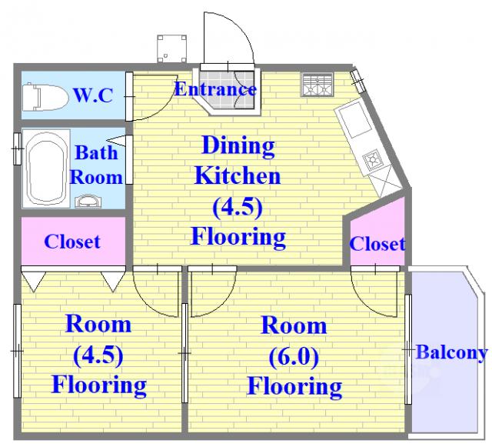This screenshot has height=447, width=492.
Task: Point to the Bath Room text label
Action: [x=96, y=164]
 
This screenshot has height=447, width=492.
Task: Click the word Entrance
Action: [x=215, y=89]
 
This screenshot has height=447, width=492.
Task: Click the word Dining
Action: [x=238, y=145]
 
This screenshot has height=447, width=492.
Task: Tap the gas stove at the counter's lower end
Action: [x=373, y=159]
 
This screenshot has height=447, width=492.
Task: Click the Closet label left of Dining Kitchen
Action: [x=72, y=242]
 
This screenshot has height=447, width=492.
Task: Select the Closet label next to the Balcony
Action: [x=377, y=244]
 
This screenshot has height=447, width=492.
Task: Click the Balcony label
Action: [x=451, y=353]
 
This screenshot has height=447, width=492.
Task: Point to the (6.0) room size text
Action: [x=294, y=356]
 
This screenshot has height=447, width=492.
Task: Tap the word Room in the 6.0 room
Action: [x=294, y=325]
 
